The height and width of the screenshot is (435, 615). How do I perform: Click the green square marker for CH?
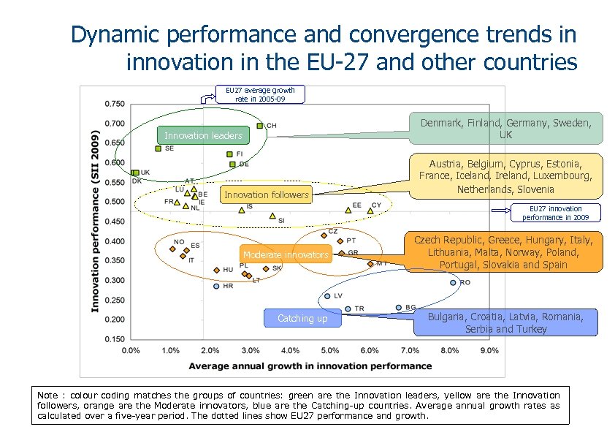[259, 126]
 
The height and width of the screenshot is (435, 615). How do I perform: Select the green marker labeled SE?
[158, 148]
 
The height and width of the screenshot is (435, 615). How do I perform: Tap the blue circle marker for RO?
[453, 282]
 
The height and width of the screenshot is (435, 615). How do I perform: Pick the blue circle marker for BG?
[398, 308]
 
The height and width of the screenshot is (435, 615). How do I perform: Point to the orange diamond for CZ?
[324, 235]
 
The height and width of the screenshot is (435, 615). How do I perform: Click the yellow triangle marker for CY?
[370, 211]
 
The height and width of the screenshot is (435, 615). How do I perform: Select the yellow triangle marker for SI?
[272, 216]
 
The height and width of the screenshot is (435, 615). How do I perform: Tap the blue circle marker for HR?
[216, 287]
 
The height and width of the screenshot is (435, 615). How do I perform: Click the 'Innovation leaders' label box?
[203, 136]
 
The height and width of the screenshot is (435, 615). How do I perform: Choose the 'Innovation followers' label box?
[267, 195]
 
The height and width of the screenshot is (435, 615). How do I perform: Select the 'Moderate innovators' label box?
[286, 255]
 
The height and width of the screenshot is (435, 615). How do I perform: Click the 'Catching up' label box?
[302, 319]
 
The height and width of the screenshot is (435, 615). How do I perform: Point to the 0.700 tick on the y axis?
[114, 124]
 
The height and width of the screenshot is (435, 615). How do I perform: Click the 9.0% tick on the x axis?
[489, 351]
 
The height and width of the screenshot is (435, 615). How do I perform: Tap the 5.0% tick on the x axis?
[330, 351]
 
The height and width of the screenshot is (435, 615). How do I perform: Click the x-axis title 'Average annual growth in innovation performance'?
[310, 366]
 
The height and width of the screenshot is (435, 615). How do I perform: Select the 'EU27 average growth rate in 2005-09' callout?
[260, 94]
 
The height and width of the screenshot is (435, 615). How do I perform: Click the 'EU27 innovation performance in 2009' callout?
[556, 213]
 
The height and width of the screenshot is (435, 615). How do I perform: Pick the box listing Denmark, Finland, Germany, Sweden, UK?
[505, 129]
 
